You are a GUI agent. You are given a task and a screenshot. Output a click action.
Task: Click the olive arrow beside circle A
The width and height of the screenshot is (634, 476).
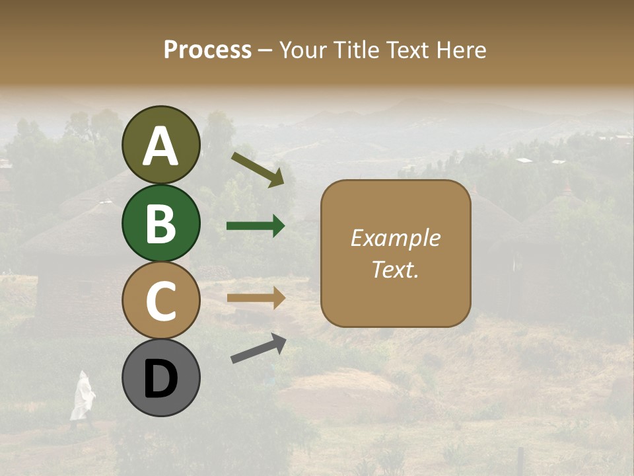tap(258, 169)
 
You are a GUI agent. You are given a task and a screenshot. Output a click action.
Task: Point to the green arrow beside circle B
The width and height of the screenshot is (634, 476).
tap(256, 226)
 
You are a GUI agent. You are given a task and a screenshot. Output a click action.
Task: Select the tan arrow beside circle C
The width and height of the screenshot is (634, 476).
tap(256, 298)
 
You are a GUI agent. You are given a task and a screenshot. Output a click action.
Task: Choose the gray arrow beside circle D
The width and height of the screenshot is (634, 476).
tap(258, 348)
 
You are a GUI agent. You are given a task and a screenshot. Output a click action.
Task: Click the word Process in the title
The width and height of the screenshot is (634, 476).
tap(207, 50)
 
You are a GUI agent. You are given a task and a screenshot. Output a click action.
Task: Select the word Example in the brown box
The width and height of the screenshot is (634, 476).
tap(395, 238)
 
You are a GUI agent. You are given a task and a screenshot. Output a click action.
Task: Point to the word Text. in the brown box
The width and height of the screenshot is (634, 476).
tap(395, 270)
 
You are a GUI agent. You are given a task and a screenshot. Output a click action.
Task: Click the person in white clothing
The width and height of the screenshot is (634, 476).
tap(82, 397)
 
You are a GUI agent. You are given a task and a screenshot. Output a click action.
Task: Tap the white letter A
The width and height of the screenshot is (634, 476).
tap(161, 146)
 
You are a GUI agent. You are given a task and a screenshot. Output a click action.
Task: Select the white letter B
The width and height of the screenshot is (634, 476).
tap(161, 223)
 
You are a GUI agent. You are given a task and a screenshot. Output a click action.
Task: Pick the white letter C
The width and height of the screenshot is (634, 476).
tap(161, 301)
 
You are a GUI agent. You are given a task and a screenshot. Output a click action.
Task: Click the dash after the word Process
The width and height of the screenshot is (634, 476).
tap(265, 50)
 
